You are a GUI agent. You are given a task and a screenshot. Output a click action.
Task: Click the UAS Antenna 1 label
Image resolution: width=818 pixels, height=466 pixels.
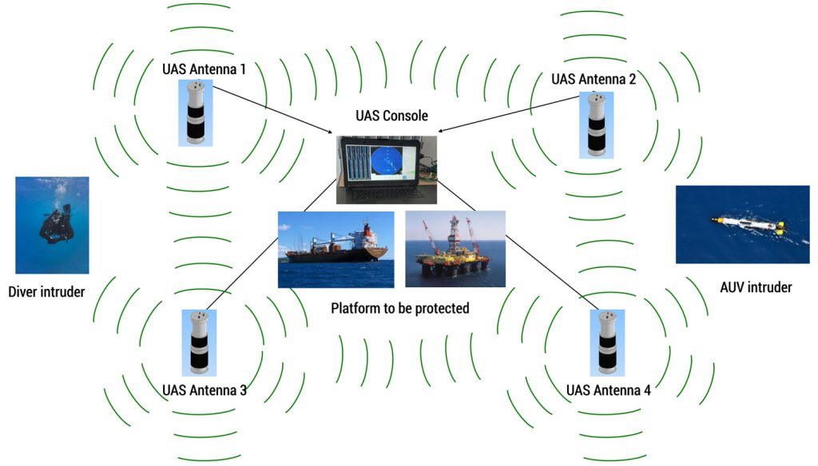[x=204, y=69]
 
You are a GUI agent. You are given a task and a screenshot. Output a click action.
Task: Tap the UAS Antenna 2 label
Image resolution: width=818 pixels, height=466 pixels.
[x=594, y=79]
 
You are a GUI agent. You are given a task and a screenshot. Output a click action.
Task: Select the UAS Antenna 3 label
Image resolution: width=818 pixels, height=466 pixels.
[x=204, y=390]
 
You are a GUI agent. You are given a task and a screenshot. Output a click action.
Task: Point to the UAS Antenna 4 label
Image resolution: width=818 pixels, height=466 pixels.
[x=608, y=390]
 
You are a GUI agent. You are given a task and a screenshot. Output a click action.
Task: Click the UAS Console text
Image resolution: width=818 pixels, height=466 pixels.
[x=391, y=116]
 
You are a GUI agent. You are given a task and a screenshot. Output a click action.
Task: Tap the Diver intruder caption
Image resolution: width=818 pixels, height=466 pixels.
[x=46, y=291]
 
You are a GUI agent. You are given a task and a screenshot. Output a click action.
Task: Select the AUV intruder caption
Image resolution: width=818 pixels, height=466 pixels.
[x=756, y=286]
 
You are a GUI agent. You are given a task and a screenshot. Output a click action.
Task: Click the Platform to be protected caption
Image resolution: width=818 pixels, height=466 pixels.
[x=399, y=307]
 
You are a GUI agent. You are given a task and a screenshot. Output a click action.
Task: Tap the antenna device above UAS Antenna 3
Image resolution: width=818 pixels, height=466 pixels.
[x=198, y=342]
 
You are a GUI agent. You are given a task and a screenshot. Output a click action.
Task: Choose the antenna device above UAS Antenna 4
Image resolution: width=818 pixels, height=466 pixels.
[x=606, y=342]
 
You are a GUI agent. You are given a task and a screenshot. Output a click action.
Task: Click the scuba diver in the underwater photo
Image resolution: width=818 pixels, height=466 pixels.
[x=54, y=225]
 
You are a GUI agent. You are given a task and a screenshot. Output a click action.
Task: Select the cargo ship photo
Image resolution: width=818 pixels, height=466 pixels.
[x=336, y=249]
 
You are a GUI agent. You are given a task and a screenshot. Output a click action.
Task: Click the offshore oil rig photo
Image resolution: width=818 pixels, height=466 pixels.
[x=455, y=249]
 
